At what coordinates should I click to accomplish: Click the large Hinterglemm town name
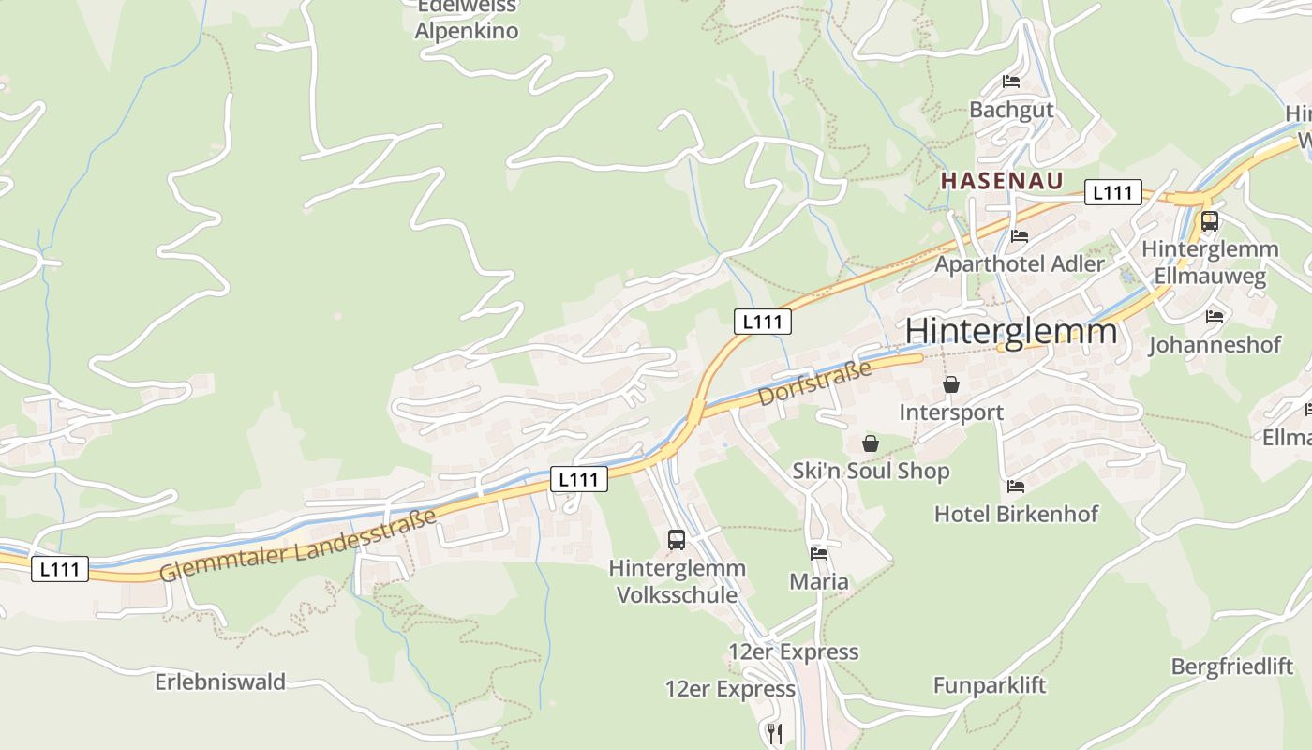click(1011, 332)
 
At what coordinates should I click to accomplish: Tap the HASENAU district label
click(1002, 181)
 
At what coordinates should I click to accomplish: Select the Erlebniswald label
click(220, 682)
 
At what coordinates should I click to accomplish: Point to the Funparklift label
click(989, 685)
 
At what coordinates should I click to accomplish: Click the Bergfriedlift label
click(1231, 667)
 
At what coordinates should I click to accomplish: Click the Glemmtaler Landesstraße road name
click(298, 545)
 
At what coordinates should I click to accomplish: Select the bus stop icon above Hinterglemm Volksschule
click(677, 540)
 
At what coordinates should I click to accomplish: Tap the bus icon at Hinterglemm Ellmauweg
click(1209, 222)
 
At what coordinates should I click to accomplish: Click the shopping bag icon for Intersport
click(951, 384)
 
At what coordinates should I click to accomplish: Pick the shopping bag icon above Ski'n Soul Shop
click(871, 443)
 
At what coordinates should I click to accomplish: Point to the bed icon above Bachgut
click(1011, 82)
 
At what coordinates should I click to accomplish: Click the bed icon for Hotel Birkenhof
click(1016, 487)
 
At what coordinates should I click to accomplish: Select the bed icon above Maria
click(819, 554)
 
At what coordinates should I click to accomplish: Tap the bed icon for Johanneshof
click(1215, 317)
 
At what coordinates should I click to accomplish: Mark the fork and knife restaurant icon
click(775, 733)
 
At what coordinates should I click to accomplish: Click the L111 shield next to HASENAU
click(1112, 193)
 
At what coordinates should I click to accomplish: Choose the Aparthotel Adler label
click(1020, 263)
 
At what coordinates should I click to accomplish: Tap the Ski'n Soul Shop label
click(871, 471)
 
